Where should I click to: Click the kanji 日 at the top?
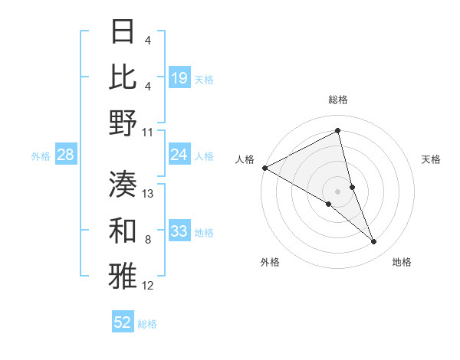click(x=123, y=34)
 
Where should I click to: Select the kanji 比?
click(x=123, y=77)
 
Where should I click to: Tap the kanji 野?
click(x=123, y=123)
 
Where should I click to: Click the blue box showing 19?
click(x=179, y=77)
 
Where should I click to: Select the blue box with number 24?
click(x=179, y=155)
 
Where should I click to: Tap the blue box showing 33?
click(x=179, y=231)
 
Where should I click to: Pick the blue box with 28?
click(x=66, y=155)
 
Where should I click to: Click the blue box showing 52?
click(x=123, y=322)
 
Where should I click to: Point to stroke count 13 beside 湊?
click(x=149, y=194)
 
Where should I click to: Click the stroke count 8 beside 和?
click(x=147, y=240)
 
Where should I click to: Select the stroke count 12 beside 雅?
click(x=149, y=286)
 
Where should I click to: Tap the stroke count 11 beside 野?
click(x=148, y=133)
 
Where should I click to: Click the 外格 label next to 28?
click(x=41, y=155)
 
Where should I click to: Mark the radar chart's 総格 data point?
click(x=337, y=131)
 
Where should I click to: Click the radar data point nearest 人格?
click(x=264, y=168)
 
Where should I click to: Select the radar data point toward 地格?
click(x=374, y=241)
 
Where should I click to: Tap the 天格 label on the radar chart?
click(x=432, y=159)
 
